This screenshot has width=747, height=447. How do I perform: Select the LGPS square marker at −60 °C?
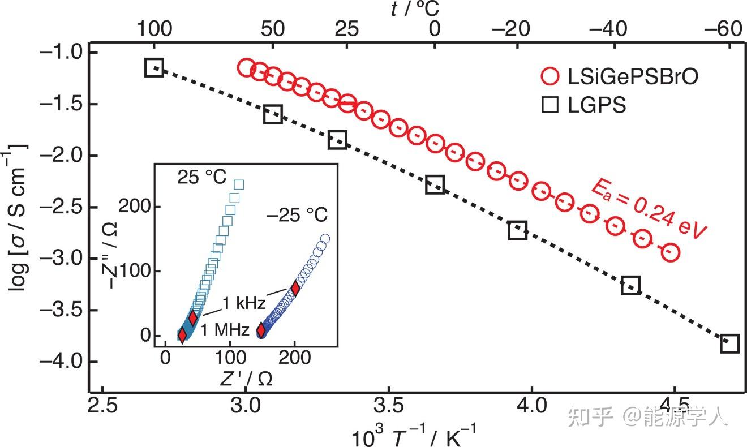click(x=730, y=343)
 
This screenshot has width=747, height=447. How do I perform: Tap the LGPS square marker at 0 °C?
click(x=435, y=184)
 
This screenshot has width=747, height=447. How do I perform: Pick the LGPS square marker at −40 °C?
click(x=630, y=285)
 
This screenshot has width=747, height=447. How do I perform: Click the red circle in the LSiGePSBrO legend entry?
click(x=549, y=76)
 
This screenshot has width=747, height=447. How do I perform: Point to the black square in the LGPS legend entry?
click(x=549, y=105)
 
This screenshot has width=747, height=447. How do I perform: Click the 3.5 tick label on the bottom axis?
click(x=388, y=406)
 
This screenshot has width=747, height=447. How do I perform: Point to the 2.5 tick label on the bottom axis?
click(x=102, y=406)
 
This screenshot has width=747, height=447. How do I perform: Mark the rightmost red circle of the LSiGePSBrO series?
click(x=670, y=252)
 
